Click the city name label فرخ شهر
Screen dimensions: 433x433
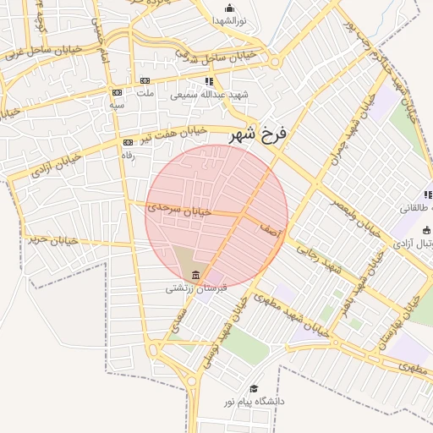[259, 134]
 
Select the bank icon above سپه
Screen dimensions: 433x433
[117, 91]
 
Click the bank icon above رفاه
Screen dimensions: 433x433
[128, 142]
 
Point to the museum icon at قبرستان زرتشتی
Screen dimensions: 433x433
[196, 275]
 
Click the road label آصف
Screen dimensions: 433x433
[270, 228]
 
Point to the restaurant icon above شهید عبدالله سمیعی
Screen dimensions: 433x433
[209, 81]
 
